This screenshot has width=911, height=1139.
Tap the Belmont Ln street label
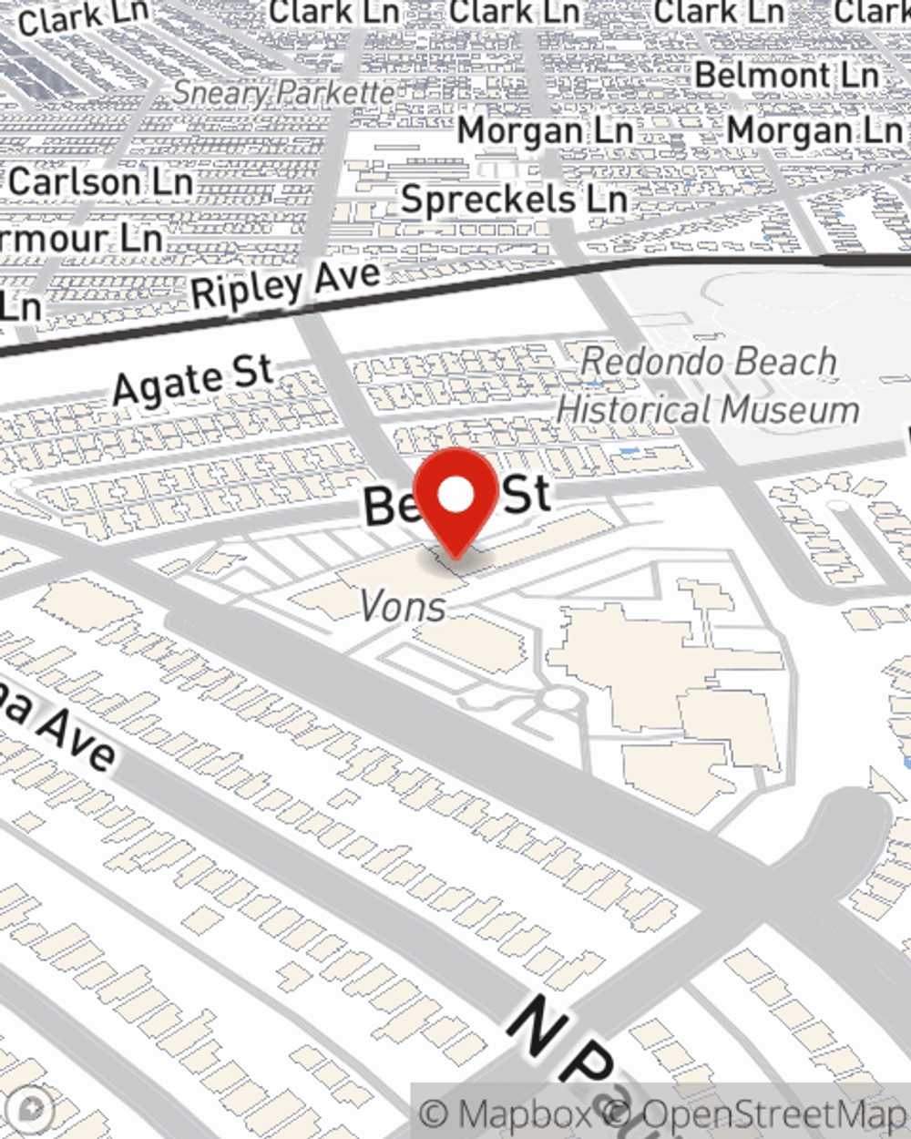(x=787, y=75)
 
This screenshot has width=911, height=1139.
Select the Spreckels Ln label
(x=514, y=199)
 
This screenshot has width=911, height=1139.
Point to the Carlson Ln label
(x=100, y=181)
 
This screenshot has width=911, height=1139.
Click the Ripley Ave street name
(x=285, y=284)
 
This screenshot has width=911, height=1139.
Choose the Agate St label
(x=193, y=381)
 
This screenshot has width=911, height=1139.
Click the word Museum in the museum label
(x=789, y=410)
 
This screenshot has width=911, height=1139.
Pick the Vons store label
(x=403, y=606)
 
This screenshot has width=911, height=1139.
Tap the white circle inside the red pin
(x=456, y=495)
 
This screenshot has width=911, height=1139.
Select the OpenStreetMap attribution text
(x=774, y=1114)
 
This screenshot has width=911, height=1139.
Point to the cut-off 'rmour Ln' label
(x=82, y=240)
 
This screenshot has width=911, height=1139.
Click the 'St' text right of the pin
(x=527, y=495)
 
